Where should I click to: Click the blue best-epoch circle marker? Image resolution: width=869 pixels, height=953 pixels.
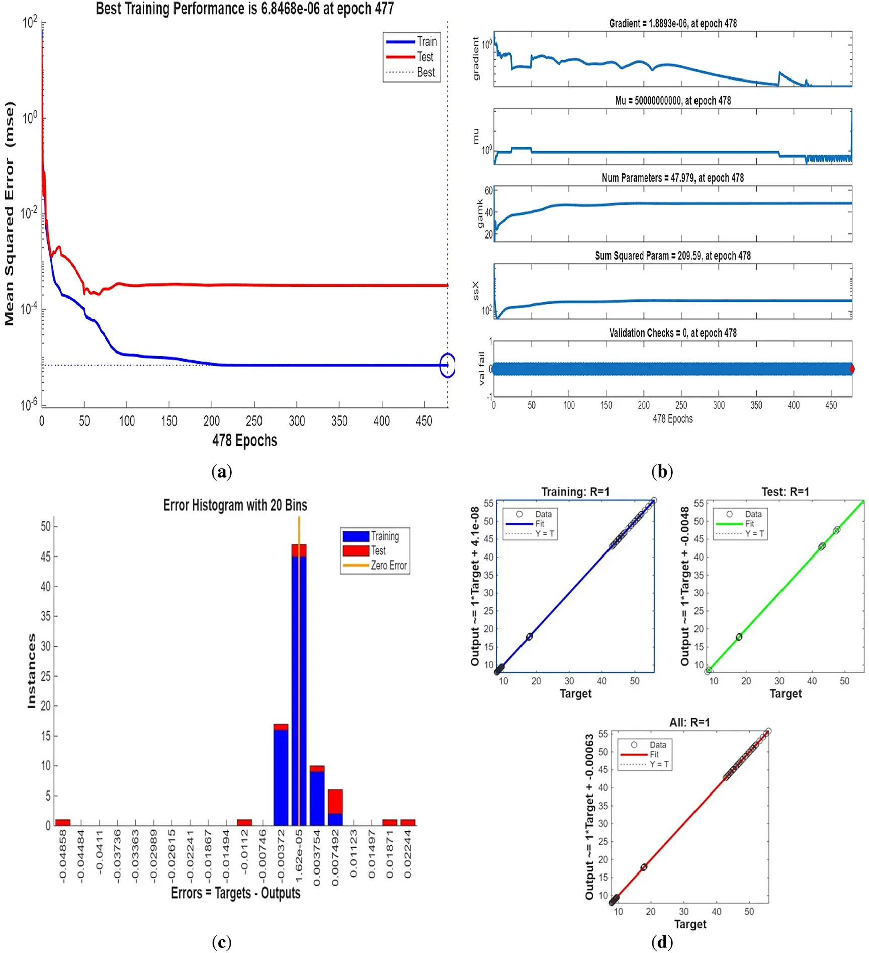pos(447,366)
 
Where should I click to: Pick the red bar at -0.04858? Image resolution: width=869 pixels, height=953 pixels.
pos(63,822)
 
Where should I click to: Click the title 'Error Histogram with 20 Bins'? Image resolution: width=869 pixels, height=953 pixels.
pos(235,505)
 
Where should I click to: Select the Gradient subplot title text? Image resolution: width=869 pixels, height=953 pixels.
pos(672,23)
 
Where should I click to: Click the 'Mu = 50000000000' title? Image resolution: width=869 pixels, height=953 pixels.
pos(672,101)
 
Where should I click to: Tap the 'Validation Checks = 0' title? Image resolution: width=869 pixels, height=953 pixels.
pos(672,333)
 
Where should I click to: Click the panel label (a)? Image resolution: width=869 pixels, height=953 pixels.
pos(222,471)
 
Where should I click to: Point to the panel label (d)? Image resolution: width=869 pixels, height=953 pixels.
pos(661,941)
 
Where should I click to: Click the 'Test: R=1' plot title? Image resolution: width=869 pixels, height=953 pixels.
pos(785,492)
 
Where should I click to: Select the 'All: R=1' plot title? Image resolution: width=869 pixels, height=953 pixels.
pos(689,722)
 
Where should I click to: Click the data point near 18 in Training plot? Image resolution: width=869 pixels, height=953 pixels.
pos(529,637)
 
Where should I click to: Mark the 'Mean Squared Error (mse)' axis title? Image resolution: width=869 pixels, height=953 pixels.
pos(10,213)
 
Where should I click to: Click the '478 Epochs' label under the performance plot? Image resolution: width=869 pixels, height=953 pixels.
pos(244,441)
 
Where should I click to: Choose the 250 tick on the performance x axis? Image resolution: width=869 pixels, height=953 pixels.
pos(254,421)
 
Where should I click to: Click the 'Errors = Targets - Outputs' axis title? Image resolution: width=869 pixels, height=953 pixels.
pos(235,893)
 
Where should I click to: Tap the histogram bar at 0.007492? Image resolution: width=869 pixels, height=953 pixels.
pos(335,807)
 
